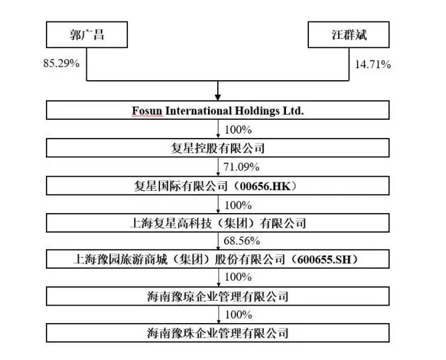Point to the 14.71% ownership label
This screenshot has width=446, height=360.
point(372,65)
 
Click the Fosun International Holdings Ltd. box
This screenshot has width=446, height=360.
point(218,111)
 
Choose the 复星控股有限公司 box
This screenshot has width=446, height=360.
point(218,148)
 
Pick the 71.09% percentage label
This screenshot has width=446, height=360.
point(241,167)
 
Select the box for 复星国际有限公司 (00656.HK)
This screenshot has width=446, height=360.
point(218,186)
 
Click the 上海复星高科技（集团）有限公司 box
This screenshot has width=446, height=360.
point(218,224)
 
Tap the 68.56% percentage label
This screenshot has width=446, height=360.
point(241,242)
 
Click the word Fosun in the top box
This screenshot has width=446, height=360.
point(146,111)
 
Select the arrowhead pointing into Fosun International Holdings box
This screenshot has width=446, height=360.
point(218,95)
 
